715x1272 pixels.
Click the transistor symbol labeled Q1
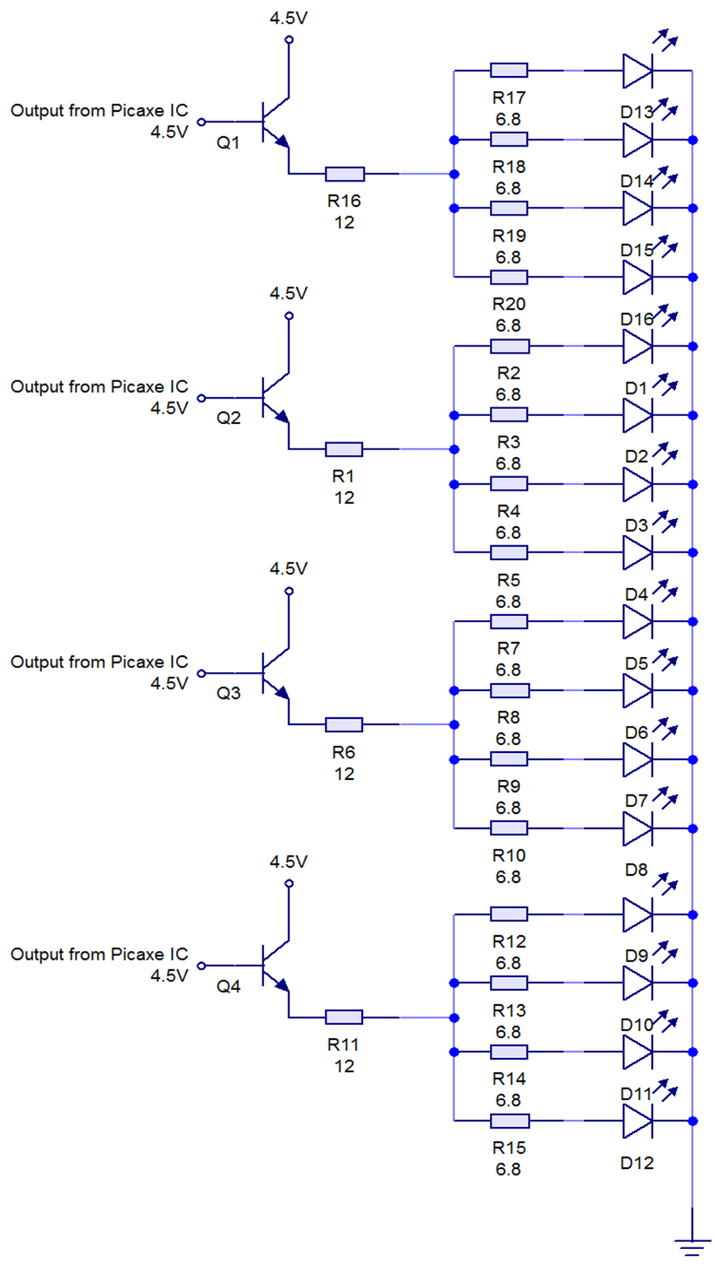coord(273,123)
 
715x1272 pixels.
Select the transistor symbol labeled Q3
coord(273,674)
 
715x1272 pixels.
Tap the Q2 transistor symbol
coord(273,399)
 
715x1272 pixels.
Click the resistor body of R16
coord(344,174)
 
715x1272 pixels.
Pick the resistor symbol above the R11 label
coord(344,1017)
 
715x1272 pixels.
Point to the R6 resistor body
coord(344,724)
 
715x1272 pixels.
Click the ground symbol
coord(692,1244)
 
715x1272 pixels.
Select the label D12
coord(637,1163)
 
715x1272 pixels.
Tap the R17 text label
coord(508,97)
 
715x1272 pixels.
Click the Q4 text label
coord(228,986)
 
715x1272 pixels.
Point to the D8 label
coord(636,869)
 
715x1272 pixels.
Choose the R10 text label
coord(508,855)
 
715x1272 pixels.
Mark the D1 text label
coord(636,388)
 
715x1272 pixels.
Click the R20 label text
coord(508,304)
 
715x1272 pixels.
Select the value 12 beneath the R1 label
coord(343,498)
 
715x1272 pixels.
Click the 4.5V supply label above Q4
coord(288,861)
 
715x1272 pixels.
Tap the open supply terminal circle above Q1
coord(289,40)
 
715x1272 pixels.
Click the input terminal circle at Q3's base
coord(201,674)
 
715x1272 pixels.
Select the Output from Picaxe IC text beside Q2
coord(99,387)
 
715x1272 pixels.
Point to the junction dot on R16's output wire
coord(454,174)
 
